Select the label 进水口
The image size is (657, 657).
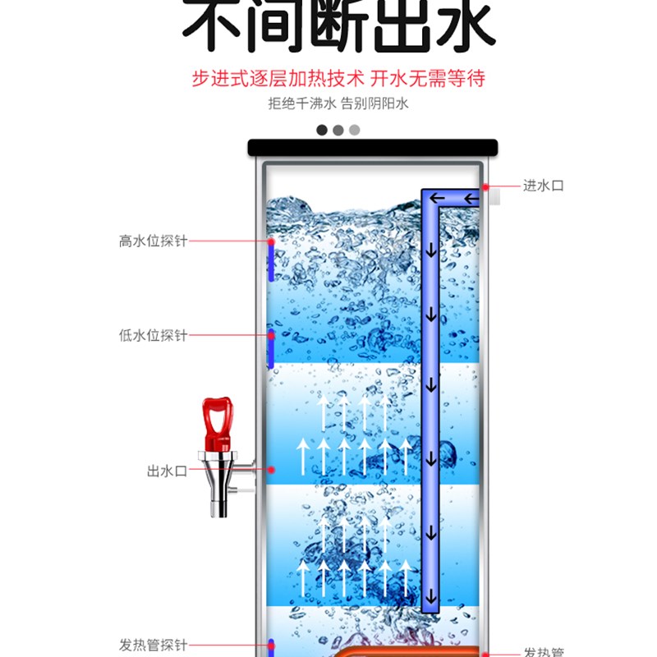pyautogui.click(x=544, y=186)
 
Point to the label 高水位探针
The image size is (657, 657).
pyautogui.click(x=154, y=241)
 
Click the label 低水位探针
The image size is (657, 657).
pyautogui.click(x=154, y=335)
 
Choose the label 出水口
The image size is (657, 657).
pyautogui.click(x=168, y=471)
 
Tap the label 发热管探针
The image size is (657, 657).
pyautogui.click(x=154, y=645)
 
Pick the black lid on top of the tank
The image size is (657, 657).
pyautogui.click(x=373, y=148)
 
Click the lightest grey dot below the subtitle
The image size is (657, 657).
pyautogui.click(x=355, y=130)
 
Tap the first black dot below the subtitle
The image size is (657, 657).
pyautogui.click(x=322, y=130)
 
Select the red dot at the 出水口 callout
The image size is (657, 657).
pyautogui.click(x=271, y=470)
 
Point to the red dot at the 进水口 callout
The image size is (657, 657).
pyautogui.click(x=486, y=186)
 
